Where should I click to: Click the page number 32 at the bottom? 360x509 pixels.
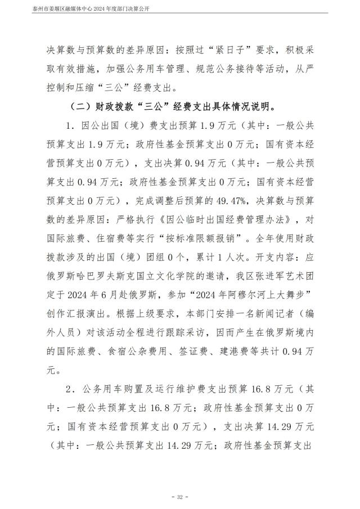click(180, 497)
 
